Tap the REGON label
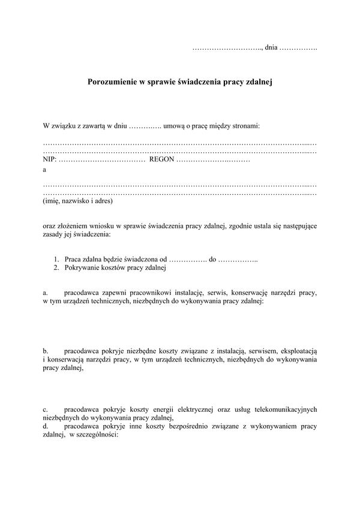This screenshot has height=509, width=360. pyautogui.click(x=162, y=160)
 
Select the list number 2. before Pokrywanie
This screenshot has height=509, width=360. pyautogui.click(x=55, y=267)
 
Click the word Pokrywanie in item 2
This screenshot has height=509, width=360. pyautogui.click(x=83, y=267)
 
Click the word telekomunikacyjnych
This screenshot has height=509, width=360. pyautogui.click(x=281, y=409)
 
